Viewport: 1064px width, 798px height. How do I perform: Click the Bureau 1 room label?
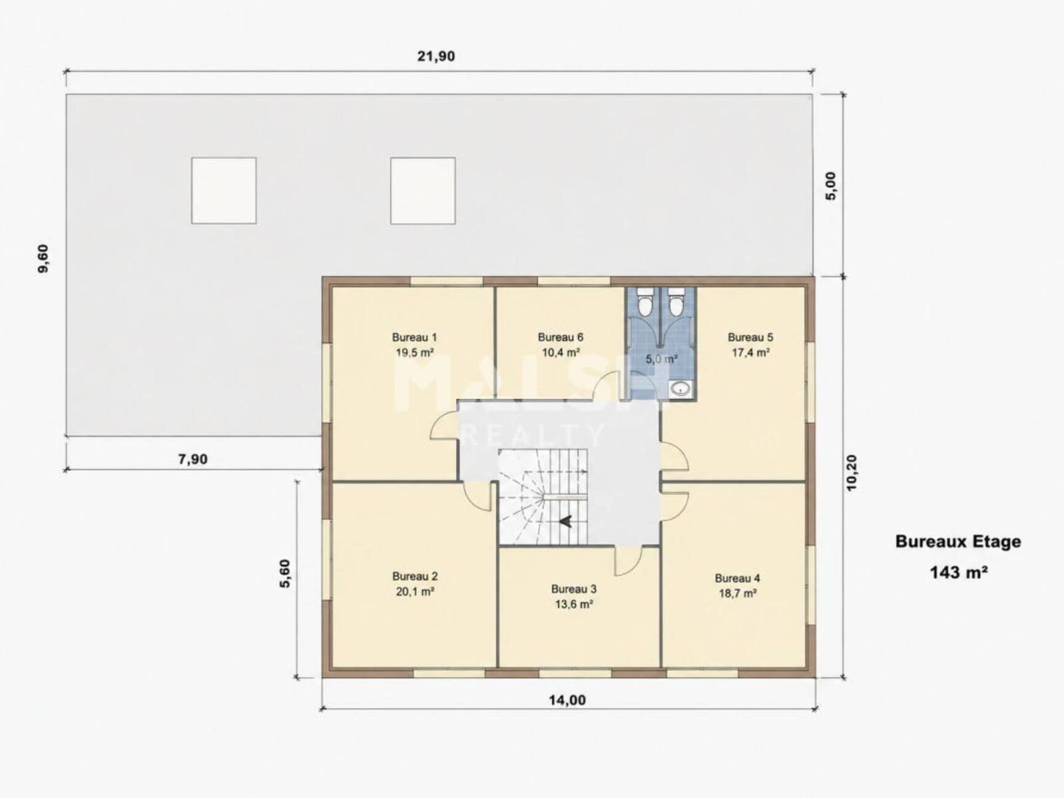414,337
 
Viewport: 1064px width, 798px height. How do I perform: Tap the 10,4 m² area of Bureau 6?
560,353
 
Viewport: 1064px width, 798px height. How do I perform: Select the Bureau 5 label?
750,337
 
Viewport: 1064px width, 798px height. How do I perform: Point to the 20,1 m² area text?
415,592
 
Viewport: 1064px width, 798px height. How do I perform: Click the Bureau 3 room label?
574,589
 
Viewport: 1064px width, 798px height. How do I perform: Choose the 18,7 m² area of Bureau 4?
737,594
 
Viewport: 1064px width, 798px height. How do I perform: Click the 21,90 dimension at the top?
436,56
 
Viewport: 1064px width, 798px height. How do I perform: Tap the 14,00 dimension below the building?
566,700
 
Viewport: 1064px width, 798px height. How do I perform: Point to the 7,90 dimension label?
193,459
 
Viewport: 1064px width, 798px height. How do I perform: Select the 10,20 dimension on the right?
851,472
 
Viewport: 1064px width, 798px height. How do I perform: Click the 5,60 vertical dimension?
285,574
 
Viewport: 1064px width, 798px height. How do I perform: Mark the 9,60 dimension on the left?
42,258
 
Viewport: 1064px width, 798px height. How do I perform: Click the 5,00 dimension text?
831,186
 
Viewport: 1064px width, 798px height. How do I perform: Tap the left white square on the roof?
224,190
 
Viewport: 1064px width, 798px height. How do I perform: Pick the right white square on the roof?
423,190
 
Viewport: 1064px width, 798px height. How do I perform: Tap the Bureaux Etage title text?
958,541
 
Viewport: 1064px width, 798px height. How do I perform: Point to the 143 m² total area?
958,573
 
